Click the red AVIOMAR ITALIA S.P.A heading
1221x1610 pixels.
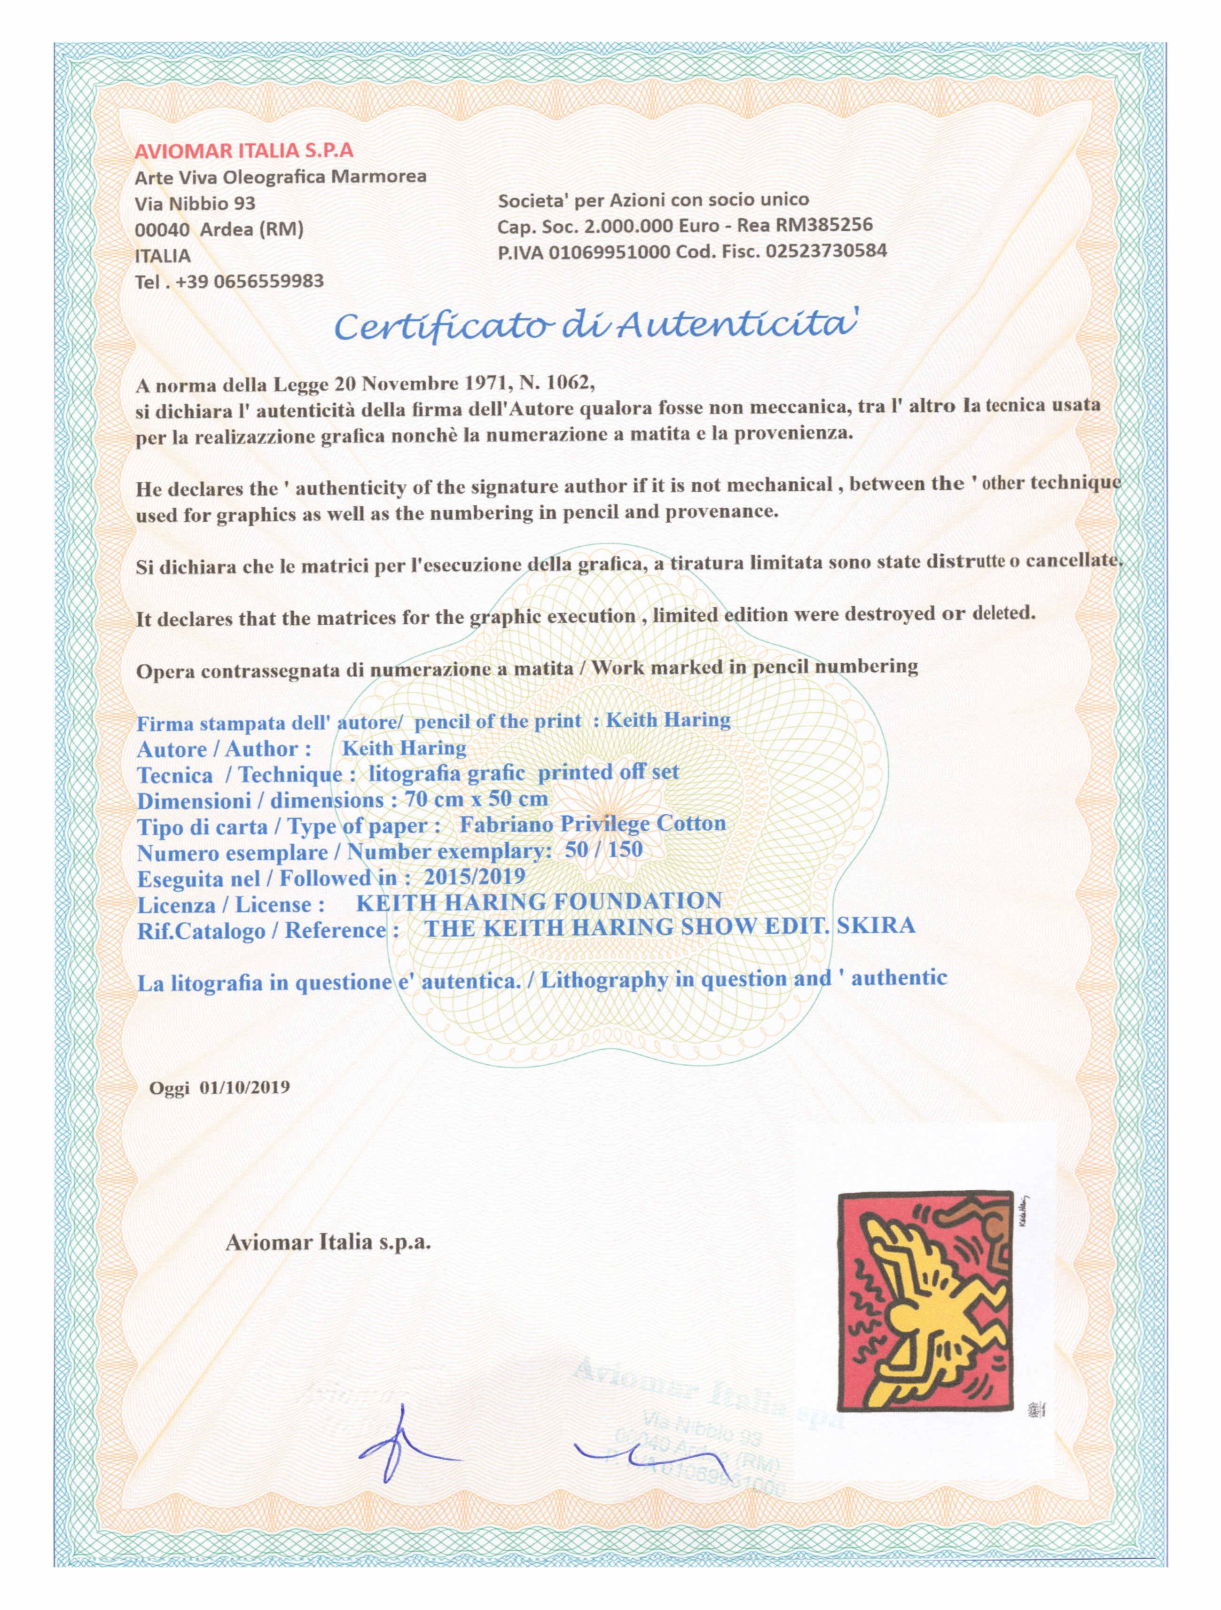click(244, 151)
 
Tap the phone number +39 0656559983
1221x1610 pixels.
click(250, 282)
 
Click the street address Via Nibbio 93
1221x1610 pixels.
click(195, 203)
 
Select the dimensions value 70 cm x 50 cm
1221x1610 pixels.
click(476, 799)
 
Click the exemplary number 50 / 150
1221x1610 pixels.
click(603, 849)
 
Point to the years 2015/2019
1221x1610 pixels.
click(474, 876)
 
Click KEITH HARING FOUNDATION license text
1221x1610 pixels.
click(539, 902)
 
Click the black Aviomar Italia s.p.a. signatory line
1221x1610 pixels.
click(328, 1242)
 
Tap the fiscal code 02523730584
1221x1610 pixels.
click(826, 251)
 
